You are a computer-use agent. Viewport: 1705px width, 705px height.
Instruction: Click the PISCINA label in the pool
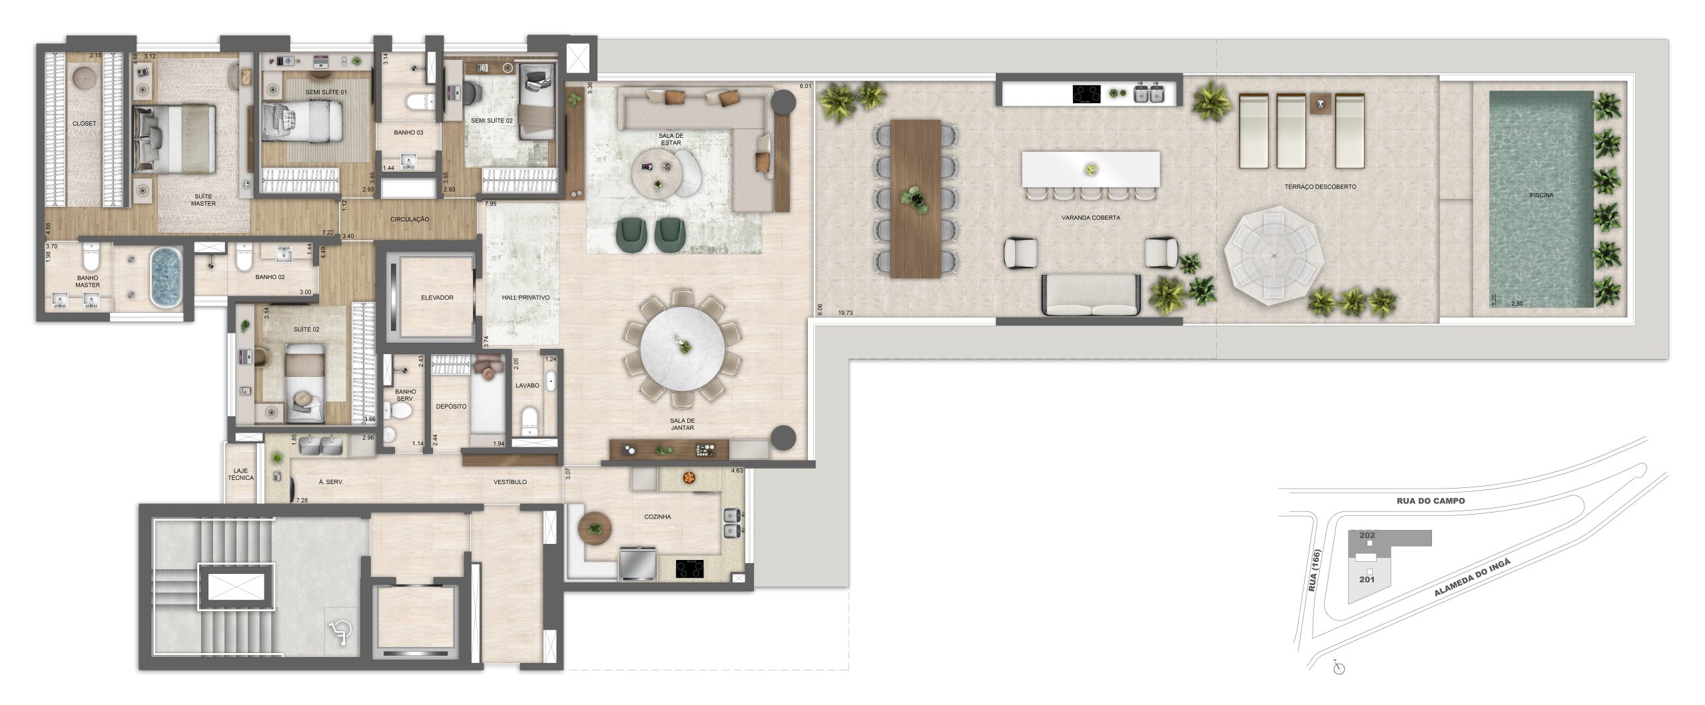pyautogui.click(x=1541, y=195)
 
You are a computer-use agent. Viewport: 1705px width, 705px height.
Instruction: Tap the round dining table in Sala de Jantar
pyautogui.click(x=682, y=350)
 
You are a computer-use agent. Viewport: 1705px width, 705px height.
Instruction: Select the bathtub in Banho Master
pyautogui.click(x=165, y=277)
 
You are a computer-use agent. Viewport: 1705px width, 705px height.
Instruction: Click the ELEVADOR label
pyautogui.click(x=437, y=298)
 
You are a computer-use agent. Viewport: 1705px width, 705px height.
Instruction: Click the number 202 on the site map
pyautogui.click(x=1367, y=535)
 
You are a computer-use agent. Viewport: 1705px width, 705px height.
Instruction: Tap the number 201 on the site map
pyautogui.click(x=1367, y=579)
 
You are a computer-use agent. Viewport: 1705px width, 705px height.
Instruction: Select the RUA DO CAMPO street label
pyautogui.click(x=1431, y=501)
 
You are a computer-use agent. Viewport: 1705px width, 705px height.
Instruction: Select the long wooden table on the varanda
pyautogui.click(x=915, y=198)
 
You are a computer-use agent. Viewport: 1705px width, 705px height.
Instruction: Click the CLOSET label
pyautogui.click(x=85, y=123)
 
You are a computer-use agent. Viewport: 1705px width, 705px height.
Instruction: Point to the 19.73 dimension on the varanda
pyautogui.click(x=846, y=312)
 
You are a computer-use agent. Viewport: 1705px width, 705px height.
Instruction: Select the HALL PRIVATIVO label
pyautogui.click(x=525, y=298)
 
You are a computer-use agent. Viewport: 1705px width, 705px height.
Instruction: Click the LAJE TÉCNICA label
pyautogui.click(x=240, y=474)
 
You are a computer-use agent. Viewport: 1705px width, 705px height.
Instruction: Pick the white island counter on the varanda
pyautogui.click(x=1091, y=169)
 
